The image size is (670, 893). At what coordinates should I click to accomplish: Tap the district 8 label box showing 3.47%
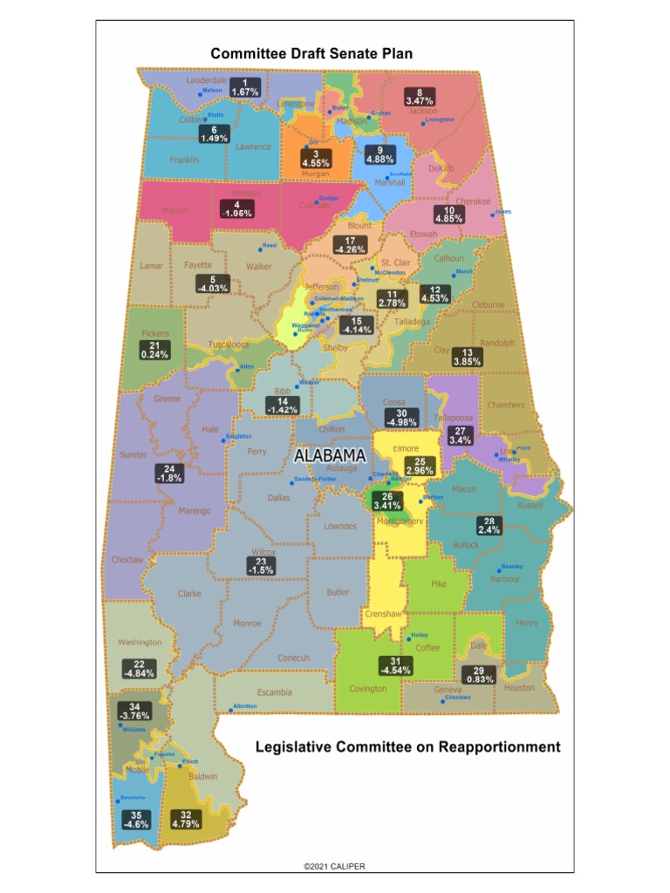419,97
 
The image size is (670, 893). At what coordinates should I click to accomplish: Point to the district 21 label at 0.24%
154,350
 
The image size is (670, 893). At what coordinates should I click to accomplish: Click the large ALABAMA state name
329,456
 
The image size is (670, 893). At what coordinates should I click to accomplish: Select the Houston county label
519,688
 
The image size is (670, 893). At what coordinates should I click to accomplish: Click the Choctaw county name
127,560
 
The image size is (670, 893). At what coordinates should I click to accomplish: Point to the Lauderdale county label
206,80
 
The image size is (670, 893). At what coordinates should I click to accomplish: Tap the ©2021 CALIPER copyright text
335,866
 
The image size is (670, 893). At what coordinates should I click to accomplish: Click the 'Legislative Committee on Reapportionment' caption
407,747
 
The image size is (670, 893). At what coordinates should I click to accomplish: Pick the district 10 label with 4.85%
449,215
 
